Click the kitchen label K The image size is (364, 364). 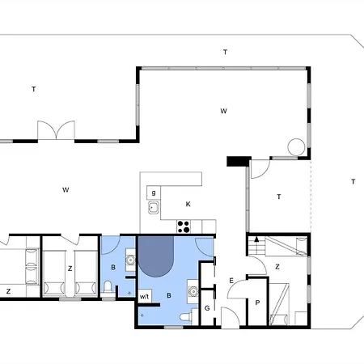pos(188,204)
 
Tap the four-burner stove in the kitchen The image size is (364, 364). pos(184,226)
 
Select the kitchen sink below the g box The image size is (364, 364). pos(154,208)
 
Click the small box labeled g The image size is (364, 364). pos(154,193)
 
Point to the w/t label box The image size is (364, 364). pos(145,296)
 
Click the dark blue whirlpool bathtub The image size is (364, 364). pos(156,256)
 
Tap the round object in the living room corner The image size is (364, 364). pos(296,147)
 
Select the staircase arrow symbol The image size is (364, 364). pos(256,239)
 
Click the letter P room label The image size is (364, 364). pos(257,303)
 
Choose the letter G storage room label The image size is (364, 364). pos(207,308)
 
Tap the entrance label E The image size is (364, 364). pos(231,281)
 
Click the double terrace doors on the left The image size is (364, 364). pos(56,130)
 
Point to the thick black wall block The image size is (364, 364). pos(239,161)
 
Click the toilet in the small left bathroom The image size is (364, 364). pos(108,287)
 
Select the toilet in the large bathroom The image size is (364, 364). pos(186,317)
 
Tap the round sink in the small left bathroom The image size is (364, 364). pos(131,260)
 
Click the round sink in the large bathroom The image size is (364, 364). pos(193,291)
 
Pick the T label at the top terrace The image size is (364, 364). pos(225,52)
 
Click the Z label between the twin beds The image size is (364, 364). pos(70,269)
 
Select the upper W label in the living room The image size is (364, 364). pos(223,111)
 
